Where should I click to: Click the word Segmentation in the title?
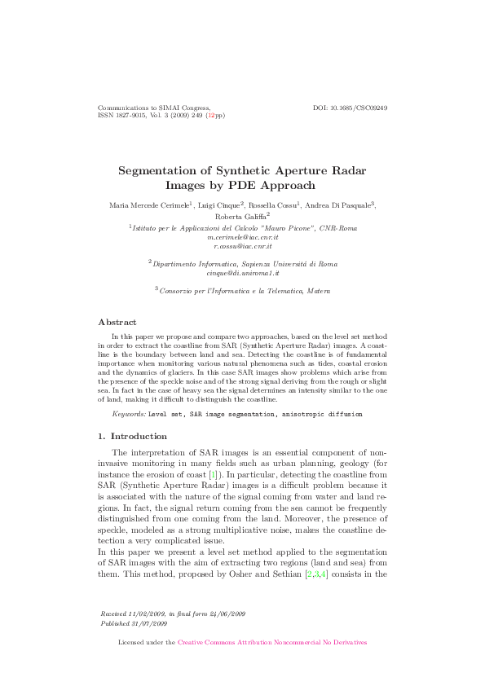coord(165,171)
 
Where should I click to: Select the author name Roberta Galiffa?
coord(240,218)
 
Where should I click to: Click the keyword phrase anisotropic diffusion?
coord(323,414)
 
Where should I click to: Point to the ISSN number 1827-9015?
coord(130,116)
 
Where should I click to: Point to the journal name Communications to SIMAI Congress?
coord(154,108)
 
